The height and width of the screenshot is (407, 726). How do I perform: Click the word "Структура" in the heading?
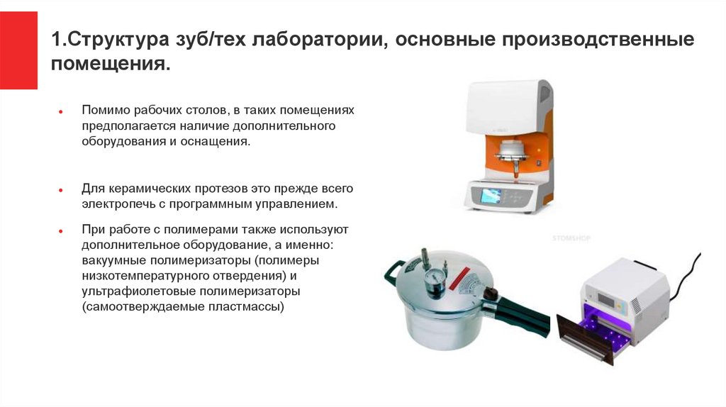(x=118, y=40)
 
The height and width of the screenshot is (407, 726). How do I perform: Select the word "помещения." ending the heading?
(x=111, y=64)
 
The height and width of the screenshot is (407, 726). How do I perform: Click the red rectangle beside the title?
(x=18, y=50)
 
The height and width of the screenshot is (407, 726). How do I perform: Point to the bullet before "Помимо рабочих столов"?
(x=61, y=111)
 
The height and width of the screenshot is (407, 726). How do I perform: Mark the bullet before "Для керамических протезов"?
(x=61, y=190)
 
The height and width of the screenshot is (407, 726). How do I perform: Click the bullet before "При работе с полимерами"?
(x=61, y=230)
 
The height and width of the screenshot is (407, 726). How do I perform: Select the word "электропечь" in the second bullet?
(x=119, y=204)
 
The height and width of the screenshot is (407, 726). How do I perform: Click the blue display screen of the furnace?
(x=491, y=196)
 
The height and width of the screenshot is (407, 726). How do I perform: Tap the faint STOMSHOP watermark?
(x=571, y=238)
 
